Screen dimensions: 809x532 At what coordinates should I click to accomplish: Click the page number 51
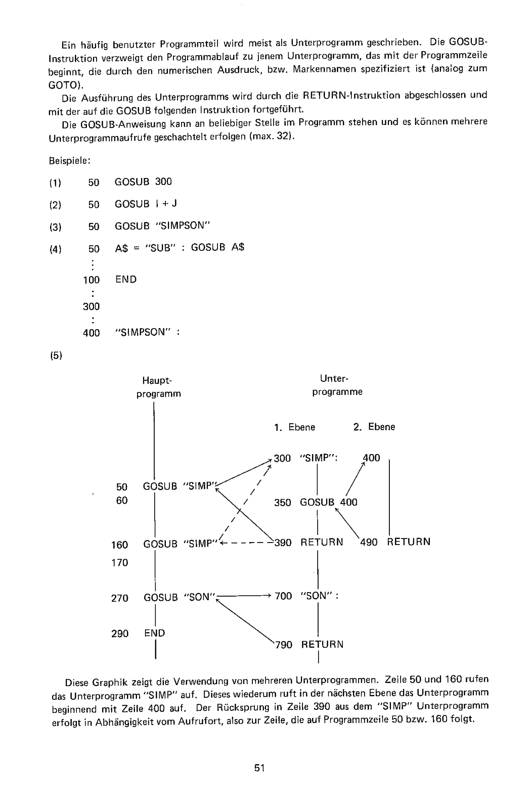point(260,768)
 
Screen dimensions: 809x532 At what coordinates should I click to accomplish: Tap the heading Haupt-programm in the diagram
point(158,387)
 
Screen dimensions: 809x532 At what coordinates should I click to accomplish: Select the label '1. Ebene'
point(295,427)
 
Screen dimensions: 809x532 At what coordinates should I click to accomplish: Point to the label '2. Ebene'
point(374,427)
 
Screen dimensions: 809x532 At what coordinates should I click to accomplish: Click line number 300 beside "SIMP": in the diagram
point(283,458)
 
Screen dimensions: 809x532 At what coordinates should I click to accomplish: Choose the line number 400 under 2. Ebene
point(372,458)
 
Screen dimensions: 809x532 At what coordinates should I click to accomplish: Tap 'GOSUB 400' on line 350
point(329,502)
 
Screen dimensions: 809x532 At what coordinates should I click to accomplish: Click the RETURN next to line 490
point(409,542)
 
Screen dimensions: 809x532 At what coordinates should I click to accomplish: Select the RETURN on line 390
point(322,543)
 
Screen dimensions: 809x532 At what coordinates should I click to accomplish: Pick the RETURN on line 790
point(322,645)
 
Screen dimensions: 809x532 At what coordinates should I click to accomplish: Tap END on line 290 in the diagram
point(155,633)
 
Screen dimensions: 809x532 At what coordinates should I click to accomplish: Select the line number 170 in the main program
point(120,563)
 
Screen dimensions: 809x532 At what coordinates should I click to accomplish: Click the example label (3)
point(56,227)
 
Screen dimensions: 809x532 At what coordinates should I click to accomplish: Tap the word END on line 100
point(126,280)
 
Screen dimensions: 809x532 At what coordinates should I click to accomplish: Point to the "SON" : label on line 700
point(319,596)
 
